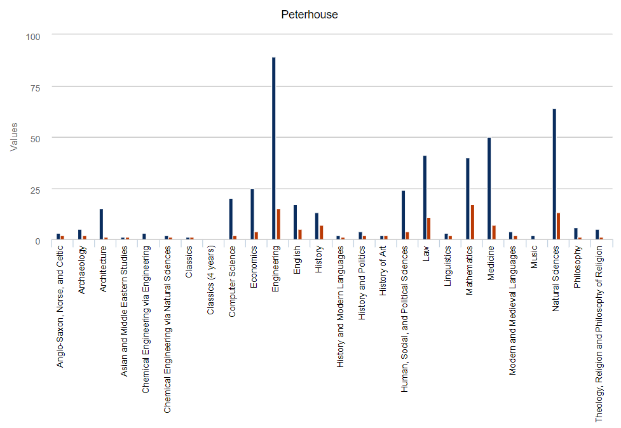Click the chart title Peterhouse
pyautogui.click(x=310, y=15)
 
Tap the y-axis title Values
pyautogui.click(x=14, y=137)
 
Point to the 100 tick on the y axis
pyautogui.click(x=32, y=37)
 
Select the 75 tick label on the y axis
pyautogui.click(x=32, y=88)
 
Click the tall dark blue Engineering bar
pyautogui.click(x=273, y=149)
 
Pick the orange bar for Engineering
pyautogui.click(x=278, y=224)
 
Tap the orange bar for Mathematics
pyautogui.click(x=472, y=222)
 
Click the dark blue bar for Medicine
pyautogui.click(x=489, y=189)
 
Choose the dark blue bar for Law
pyautogui.click(x=425, y=197)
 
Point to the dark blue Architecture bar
pyautogui.click(x=101, y=224)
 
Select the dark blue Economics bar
pyautogui.click(x=252, y=214)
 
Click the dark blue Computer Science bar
pyautogui.click(x=231, y=219)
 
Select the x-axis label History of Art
pyautogui.click(x=383, y=270)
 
